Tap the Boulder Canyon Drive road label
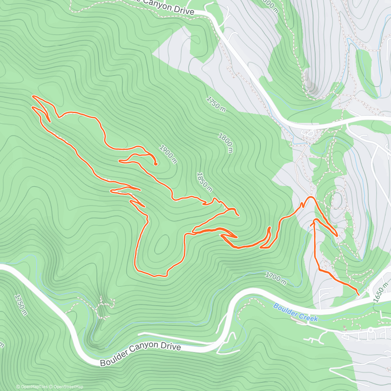tap(140, 354)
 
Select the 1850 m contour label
tap(204, 182)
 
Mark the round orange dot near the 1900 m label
tap(156, 164)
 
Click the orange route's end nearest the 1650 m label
tap(358, 294)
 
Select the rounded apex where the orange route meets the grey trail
tap(311, 197)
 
